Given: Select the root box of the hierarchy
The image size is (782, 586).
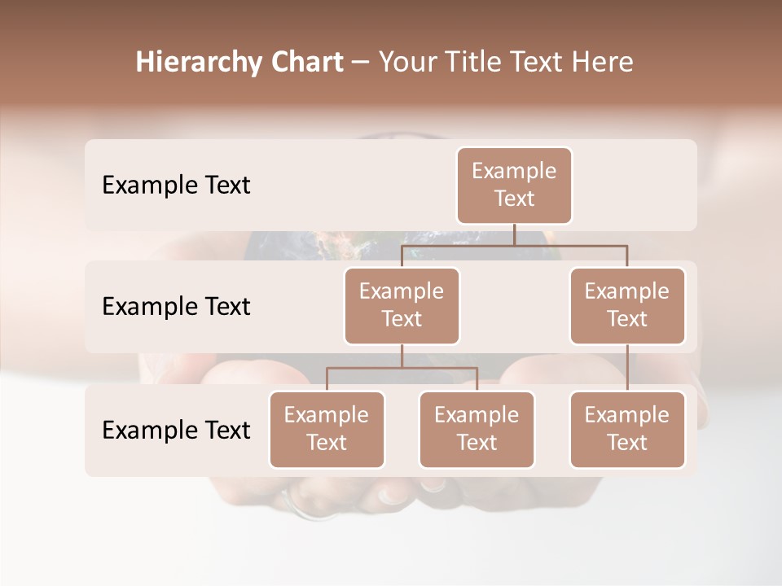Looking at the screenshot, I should point(514,186).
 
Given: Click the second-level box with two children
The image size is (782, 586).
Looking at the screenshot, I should point(402,306).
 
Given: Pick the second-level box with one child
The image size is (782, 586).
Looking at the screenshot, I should point(627,306).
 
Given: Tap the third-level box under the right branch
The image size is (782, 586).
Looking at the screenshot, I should point(627,430).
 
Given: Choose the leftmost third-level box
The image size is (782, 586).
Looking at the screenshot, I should point(327,430).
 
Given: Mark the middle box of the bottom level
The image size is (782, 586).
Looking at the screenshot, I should point(477,430).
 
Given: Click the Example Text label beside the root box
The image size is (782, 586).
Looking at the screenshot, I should point(176,186).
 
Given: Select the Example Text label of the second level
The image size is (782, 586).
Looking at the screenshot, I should point(176,307).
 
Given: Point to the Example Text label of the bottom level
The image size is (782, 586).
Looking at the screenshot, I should point(176,430).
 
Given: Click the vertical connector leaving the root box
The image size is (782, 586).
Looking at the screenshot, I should point(514,234).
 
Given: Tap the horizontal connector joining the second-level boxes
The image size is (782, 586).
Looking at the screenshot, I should point(514,245).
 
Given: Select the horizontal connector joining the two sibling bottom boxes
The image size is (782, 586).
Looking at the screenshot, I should point(402,368).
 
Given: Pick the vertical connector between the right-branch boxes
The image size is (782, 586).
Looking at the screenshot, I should point(627,368).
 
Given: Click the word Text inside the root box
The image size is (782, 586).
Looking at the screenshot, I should point(514,199).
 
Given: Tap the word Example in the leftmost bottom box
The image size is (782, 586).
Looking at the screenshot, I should point(327,416).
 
